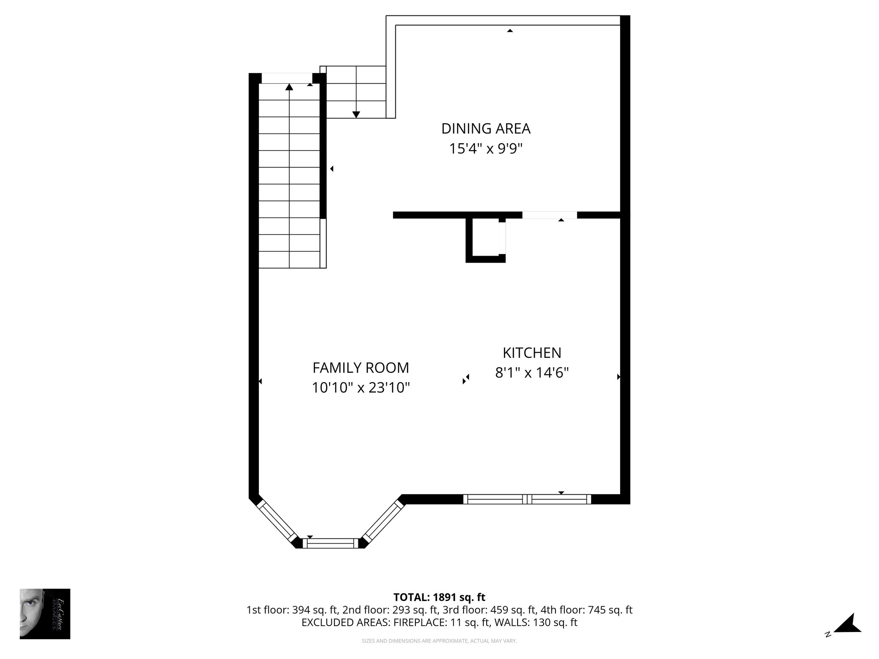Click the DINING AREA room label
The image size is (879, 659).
486,129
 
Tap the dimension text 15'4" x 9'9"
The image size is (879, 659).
486,149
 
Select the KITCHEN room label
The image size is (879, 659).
532,353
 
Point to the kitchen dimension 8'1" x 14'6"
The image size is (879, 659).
532,373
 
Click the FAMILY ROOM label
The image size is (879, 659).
361,368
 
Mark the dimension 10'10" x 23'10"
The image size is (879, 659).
361,388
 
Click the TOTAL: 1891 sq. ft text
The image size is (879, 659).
439,597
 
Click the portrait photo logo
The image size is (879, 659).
45,614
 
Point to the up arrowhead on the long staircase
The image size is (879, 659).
289,87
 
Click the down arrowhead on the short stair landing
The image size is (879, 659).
356,114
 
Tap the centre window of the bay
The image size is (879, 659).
330,543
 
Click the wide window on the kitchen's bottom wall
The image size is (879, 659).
527,499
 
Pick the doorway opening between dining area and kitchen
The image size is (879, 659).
549,215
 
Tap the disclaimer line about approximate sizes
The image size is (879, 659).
439,641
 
